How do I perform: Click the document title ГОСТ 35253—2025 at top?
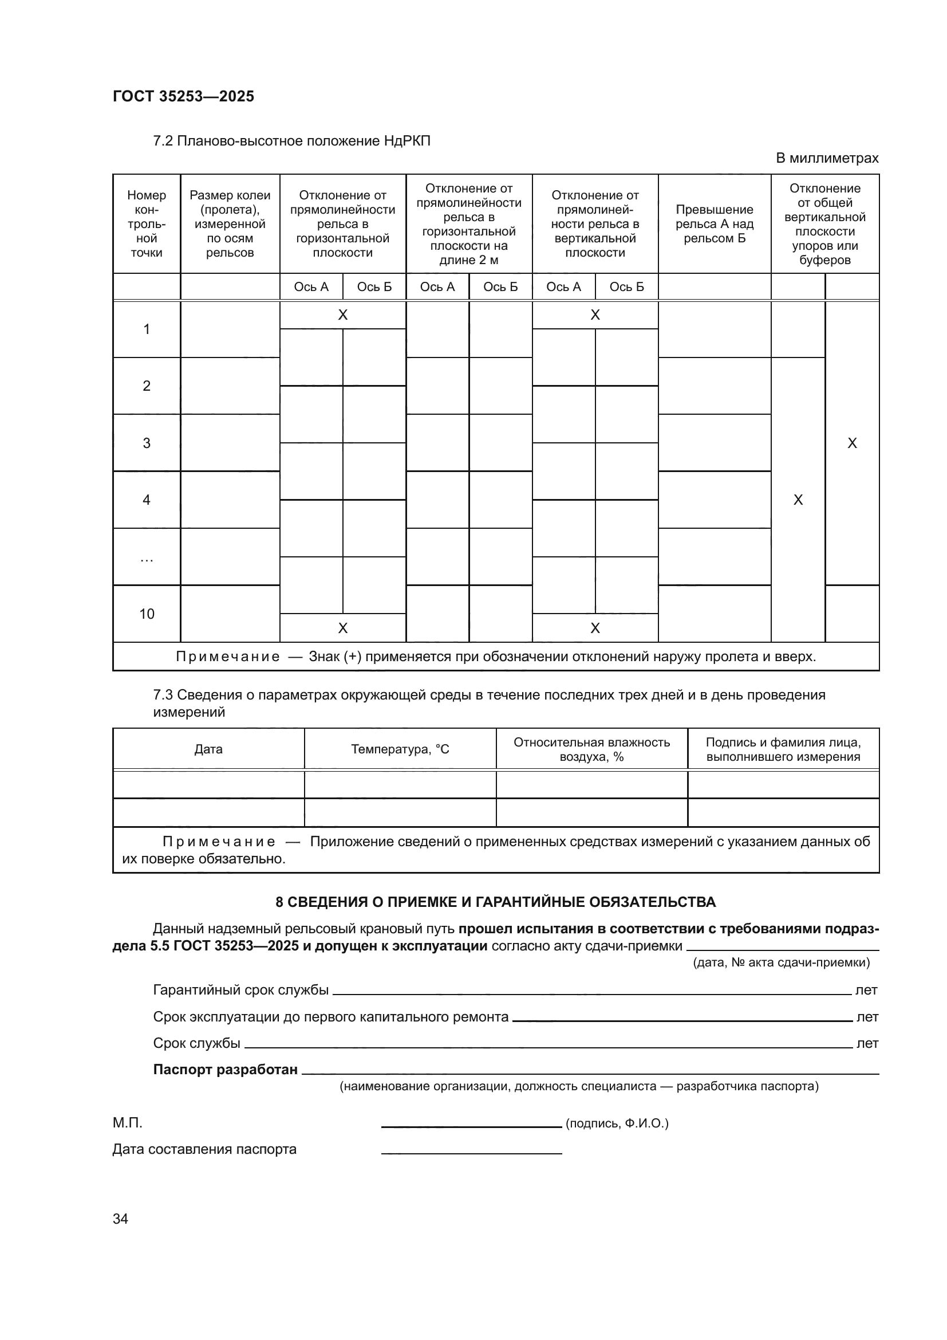183,96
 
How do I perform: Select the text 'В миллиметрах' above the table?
826,158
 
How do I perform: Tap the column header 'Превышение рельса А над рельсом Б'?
715,223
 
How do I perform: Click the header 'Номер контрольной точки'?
147,223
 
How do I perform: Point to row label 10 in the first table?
147,614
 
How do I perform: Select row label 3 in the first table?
147,443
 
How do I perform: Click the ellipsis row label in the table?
147,558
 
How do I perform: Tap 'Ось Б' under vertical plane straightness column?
626,286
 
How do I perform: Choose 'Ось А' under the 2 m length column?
437,286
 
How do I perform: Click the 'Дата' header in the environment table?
208,749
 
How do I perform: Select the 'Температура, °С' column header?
400,749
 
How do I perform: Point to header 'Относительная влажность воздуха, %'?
591,749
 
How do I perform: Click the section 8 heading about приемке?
495,902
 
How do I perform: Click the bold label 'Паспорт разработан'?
225,1069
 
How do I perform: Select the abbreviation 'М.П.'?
127,1123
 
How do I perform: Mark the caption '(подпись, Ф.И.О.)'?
617,1123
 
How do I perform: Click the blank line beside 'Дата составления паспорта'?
471,1152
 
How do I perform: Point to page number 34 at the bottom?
120,1219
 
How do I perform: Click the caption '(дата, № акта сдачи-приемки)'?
781,962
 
